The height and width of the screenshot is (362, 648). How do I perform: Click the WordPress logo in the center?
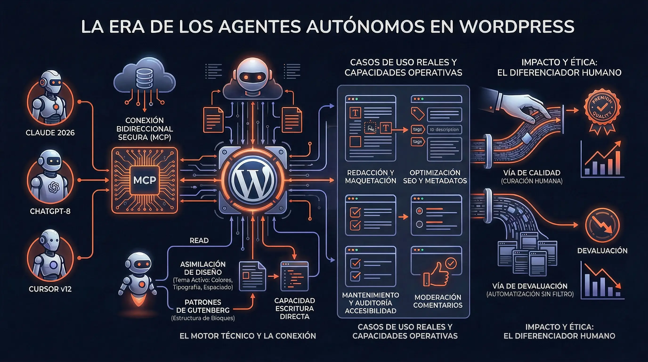[x=253, y=180]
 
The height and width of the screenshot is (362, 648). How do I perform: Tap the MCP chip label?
[x=145, y=180]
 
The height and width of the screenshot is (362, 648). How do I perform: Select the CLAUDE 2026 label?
[x=50, y=133]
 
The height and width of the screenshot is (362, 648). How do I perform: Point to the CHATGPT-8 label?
[x=50, y=211]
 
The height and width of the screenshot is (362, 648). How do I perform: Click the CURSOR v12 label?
[x=50, y=289]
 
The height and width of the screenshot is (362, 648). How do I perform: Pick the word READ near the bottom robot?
[x=199, y=241]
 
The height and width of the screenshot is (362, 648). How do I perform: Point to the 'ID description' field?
[x=444, y=129]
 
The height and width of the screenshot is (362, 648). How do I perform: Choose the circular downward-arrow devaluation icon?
[x=602, y=225]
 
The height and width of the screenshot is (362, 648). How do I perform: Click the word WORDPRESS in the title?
[x=517, y=26]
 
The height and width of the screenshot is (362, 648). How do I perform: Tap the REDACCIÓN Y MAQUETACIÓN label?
[x=371, y=177]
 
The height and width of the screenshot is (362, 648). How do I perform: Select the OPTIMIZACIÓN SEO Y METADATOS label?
[x=435, y=177]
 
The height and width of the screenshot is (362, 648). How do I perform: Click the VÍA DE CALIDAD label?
[x=531, y=173]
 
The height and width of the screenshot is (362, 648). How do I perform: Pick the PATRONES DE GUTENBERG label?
[x=203, y=306]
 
